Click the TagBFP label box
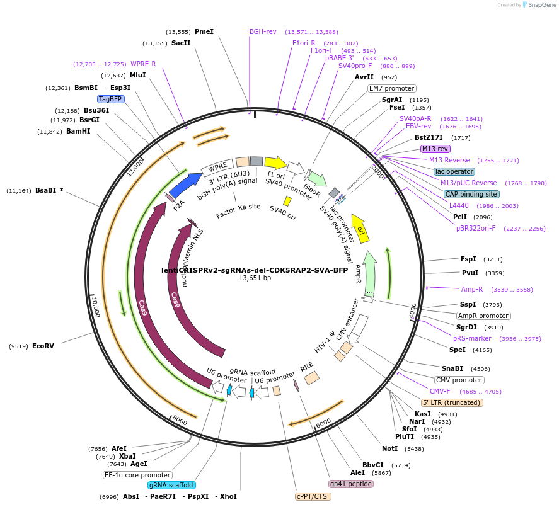point(110,100)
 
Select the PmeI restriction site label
point(204,31)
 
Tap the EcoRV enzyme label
point(43,346)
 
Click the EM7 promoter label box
point(391,88)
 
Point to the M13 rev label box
point(435,149)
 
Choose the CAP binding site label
point(471,194)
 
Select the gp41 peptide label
point(351,484)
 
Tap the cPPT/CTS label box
point(313,496)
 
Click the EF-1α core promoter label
point(137,475)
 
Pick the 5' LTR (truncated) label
point(452,402)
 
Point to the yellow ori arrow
point(361,229)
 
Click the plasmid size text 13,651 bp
point(255,278)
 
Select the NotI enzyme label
point(390,448)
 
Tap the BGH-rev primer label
point(263,31)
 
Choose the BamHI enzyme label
point(78,132)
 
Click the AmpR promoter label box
point(483,316)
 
